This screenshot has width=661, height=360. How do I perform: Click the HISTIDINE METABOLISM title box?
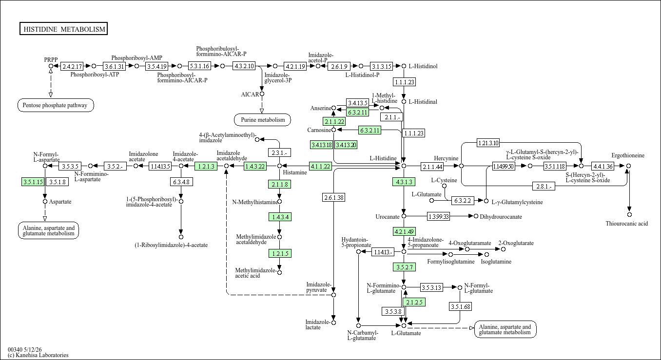[63, 29]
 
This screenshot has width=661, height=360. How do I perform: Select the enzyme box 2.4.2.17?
[72, 66]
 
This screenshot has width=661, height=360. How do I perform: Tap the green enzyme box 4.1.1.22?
[320, 166]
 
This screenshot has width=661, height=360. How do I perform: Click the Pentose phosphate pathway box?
[56, 105]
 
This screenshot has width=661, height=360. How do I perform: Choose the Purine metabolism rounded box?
[262, 120]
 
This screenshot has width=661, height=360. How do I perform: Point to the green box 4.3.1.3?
[404, 182]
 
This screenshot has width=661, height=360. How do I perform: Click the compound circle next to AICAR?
[262, 94]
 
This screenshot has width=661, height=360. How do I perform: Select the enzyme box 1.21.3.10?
[488, 143]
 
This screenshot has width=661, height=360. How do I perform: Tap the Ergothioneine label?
[628, 155]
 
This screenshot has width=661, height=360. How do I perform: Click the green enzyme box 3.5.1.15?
[33, 182]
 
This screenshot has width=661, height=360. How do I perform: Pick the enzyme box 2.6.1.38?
[334, 197]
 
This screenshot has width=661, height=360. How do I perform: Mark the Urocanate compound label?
[388, 217]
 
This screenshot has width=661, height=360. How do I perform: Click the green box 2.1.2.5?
[414, 302]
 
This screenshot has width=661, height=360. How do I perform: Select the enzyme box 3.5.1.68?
[460, 306]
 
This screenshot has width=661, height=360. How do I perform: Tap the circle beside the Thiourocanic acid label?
[629, 215]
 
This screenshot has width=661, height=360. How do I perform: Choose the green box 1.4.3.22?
[255, 166]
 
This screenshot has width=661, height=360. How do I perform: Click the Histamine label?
[295, 172]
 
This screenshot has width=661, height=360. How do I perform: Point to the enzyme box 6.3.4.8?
[181, 182]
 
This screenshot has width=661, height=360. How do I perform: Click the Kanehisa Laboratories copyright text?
[38, 355]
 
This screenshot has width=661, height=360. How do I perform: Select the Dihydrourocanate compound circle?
[476, 216]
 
